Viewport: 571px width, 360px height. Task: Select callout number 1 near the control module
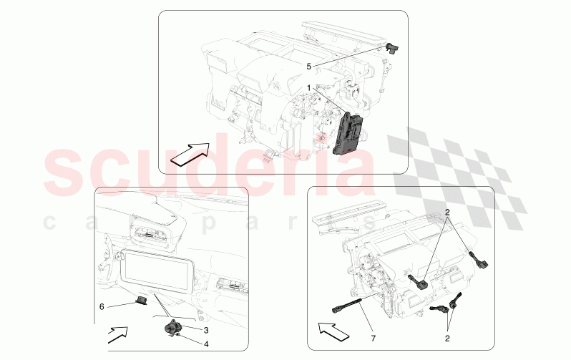[309, 88]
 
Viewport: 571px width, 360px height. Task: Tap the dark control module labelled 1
[348, 133]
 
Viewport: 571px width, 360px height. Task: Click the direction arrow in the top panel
[191, 152]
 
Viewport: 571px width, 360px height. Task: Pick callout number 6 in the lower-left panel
[102, 306]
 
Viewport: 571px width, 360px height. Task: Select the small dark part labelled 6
[142, 301]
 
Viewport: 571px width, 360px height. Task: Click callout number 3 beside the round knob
[205, 330]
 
